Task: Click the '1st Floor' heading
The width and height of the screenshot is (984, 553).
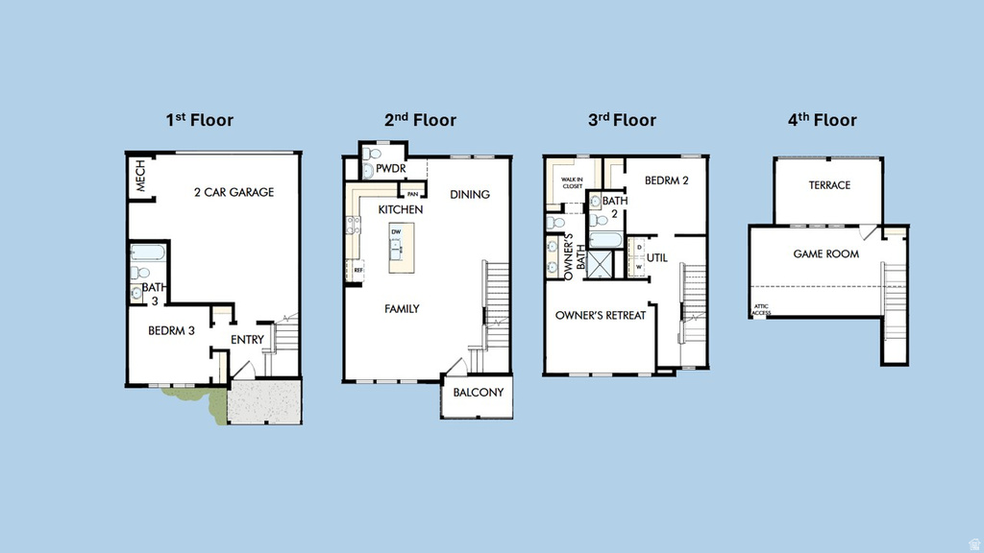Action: point(199,120)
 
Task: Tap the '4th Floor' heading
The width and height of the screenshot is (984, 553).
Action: point(822,120)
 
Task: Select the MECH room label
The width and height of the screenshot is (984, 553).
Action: point(140,177)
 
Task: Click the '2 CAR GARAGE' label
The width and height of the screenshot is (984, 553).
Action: point(234,192)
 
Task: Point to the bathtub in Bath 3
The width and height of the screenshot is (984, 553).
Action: point(149,254)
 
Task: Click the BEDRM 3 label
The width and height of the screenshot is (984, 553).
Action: point(171,331)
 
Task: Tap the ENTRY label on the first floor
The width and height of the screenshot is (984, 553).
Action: point(247,340)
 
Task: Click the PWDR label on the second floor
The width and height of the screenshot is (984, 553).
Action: point(391,170)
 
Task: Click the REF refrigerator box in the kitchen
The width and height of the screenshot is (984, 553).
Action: point(358,271)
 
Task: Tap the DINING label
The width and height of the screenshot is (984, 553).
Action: point(470,194)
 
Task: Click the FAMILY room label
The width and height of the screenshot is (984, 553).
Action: point(402,309)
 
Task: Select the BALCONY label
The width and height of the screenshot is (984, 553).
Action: point(478,393)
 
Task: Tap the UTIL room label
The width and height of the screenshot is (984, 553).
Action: point(656,258)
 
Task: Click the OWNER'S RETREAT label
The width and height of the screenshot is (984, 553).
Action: point(601,315)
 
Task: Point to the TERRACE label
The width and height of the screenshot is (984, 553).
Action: point(829,185)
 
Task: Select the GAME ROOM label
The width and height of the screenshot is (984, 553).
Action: point(825,254)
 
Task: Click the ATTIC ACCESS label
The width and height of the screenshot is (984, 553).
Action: point(760,310)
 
